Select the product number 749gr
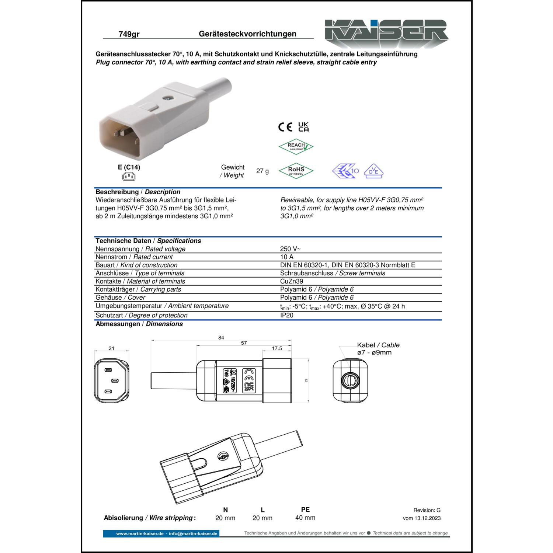129,34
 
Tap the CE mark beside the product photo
285,127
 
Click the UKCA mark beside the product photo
303,127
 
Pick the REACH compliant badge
296,147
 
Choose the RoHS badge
296,171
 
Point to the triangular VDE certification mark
373,171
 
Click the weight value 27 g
262,171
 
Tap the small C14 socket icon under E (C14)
129,177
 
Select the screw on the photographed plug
168,99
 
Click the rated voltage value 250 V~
290,249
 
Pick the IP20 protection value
286,315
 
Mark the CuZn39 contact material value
291,281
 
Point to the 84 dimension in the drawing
221,337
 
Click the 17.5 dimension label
277,348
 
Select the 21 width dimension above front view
111,348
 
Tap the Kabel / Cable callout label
378,345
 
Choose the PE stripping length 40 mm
305,518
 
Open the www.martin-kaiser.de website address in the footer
140,533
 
